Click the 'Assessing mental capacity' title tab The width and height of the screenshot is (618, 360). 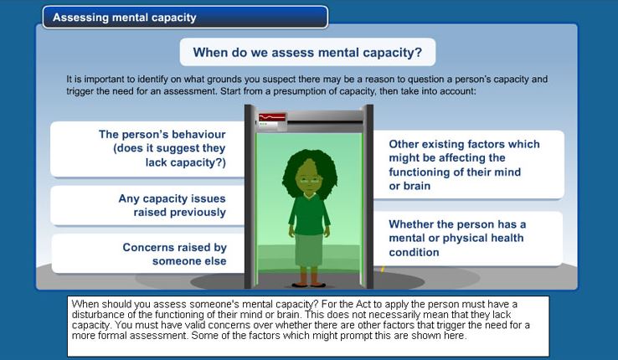tap(185, 18)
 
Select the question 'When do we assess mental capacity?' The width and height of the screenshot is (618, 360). tap(307, 52)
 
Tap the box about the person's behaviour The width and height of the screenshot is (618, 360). tap(147, 149)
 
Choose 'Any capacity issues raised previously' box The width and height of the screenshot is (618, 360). tap(147, 205)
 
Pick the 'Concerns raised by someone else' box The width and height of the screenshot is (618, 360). tap(148, 254)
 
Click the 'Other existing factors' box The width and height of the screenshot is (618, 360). tap(469, 165)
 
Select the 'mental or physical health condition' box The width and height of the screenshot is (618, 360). tap(468, 239)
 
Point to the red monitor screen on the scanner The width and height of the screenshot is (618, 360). tap(272, 117)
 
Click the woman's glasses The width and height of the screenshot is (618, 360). tap(310, 180)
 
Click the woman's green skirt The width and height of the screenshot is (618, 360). tap(309, 250)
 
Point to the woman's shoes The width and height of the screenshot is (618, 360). tap(308, 285)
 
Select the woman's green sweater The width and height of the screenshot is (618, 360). tap(309, 214)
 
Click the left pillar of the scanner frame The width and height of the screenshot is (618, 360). tap(250, 196)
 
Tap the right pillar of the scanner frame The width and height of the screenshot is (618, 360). tap(368, 196)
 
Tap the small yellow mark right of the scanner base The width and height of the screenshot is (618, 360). tap(383, 270)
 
